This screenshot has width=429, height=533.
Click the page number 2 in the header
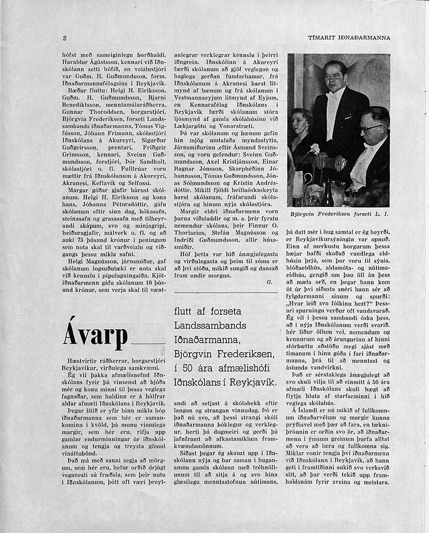[64, 38]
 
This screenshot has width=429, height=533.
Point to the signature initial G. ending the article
[270, 281]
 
